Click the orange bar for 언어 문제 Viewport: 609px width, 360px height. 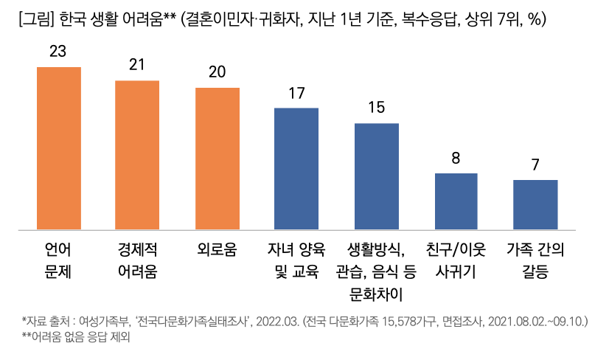coord(58,148)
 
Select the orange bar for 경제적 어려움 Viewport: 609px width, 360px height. coord(137,155)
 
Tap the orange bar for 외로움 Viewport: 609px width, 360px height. coord(217,159)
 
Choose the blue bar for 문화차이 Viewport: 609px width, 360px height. coord(377,176)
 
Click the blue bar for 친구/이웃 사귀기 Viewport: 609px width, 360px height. coord(456,201)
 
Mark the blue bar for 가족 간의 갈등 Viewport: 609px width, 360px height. coord(535,204)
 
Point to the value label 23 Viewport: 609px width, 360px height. coord(58,52)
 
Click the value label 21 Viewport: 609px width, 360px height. coord(137,65)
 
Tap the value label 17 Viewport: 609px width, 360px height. coord(296,93)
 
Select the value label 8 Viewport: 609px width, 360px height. coord(456,158)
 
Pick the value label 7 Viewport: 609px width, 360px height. coord(535,165)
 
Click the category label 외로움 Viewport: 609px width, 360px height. coord(217,249)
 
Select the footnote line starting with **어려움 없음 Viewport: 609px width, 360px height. coord(80,340)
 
